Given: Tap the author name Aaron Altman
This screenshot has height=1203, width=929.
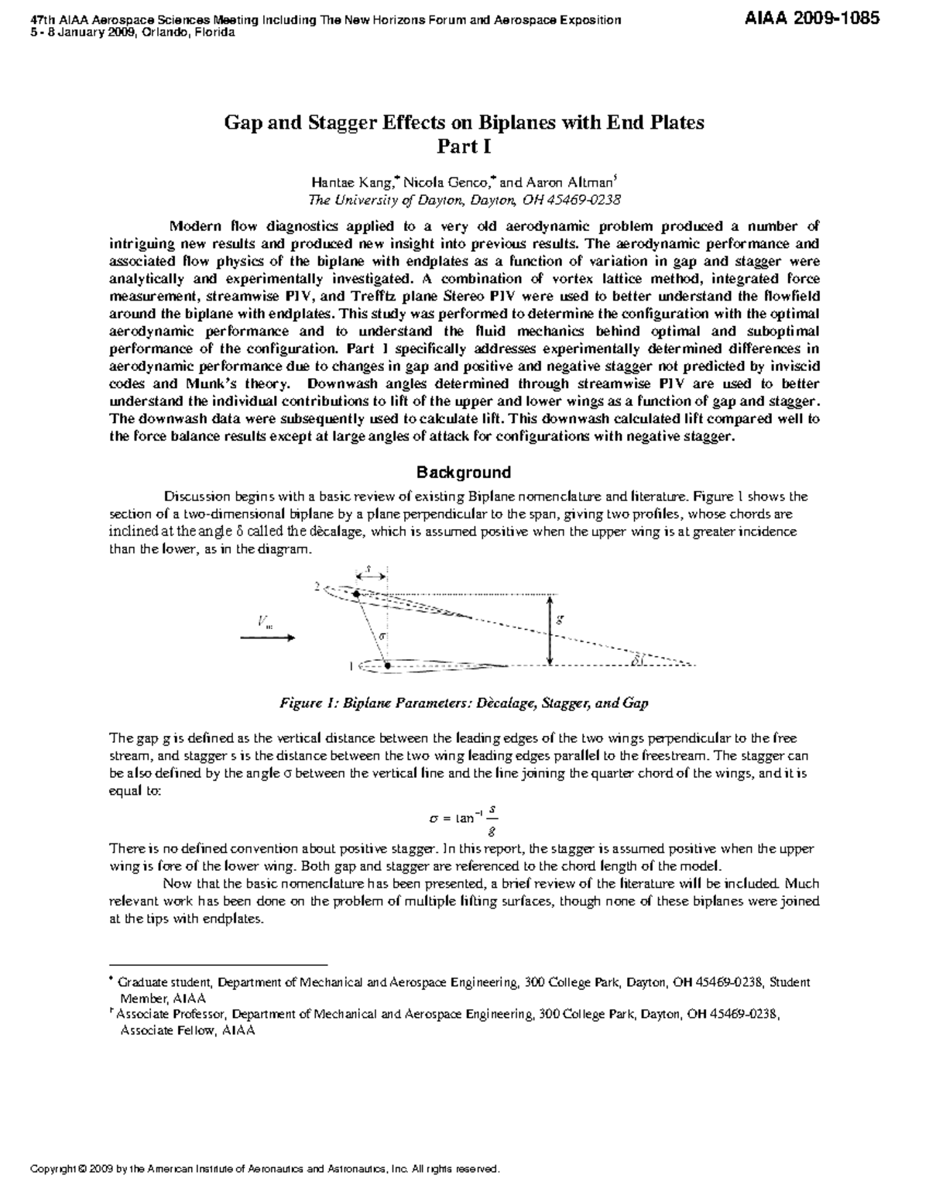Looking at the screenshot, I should tap(571, 183).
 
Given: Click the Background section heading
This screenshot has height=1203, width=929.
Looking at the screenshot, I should tap(464, 473).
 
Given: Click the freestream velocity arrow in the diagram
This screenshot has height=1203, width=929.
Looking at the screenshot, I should tap(267, 638).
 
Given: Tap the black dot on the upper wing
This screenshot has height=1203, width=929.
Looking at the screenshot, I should tap(356, 594).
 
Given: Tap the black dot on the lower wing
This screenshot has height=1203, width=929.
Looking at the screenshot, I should tap(387, 665).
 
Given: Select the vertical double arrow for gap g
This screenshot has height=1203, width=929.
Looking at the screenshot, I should tap(549, 630).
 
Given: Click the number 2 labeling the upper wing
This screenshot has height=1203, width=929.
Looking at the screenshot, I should tap(317, 587).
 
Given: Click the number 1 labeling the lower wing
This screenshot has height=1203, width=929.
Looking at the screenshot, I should tap(351, 665).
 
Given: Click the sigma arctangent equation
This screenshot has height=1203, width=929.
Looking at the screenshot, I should tap(463, 818).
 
